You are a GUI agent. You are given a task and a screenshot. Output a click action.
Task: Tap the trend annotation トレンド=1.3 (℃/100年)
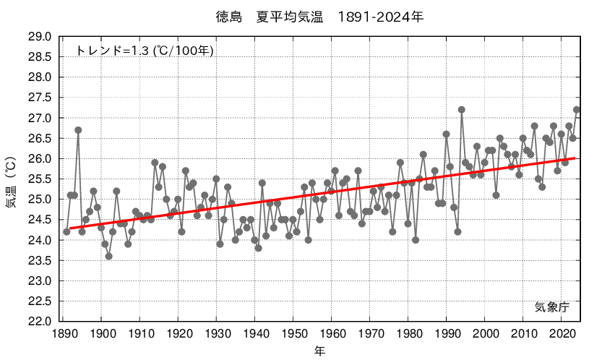pos(145,51)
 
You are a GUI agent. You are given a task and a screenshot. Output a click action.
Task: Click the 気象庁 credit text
pos(552,307)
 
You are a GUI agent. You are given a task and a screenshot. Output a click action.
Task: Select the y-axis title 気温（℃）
pos(11,179)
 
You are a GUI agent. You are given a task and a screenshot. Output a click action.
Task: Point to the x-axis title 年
pos(319,351)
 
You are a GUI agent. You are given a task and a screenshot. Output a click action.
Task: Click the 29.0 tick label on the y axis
pos(39,36)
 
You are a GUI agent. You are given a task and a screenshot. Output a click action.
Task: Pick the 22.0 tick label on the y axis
pos(39,321)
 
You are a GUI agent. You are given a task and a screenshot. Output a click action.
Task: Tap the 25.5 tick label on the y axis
pos(39,179)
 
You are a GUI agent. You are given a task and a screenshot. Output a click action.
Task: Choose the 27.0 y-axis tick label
pos(39,118)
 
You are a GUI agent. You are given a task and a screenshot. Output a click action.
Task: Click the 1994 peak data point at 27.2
pos(462,110)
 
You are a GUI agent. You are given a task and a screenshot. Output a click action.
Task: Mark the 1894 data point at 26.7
pos(78,130)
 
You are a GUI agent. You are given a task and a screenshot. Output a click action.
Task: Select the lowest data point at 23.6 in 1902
pos(108,256)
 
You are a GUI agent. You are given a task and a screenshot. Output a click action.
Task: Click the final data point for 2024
pos(577,110)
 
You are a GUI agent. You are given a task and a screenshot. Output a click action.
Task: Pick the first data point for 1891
pos(66,231)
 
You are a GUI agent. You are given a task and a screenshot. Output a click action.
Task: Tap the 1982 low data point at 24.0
pos(416,240)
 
